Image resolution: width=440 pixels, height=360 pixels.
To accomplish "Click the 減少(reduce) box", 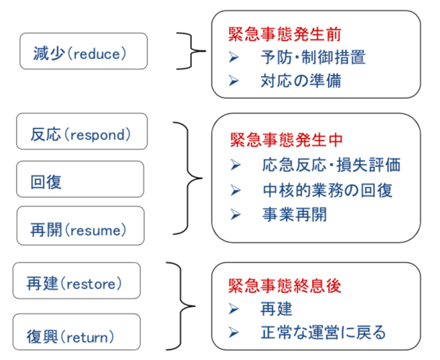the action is [84, 51].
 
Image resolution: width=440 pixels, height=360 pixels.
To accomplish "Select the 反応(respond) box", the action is [82, 131].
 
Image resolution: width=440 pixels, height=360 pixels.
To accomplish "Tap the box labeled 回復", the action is [80, 179].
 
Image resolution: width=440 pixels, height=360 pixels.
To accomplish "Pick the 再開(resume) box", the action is [80, 226].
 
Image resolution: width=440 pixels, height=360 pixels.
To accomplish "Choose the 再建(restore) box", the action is [77, 280].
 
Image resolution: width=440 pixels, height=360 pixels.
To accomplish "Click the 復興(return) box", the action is [77, 332].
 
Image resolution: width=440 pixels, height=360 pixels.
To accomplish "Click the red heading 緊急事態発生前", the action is [284, 34].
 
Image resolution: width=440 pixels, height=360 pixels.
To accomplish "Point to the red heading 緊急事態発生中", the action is [286, 140].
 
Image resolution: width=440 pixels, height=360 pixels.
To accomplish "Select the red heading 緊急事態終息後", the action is [284, 285].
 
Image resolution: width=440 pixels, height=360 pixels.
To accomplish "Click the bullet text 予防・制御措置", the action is [313, 57].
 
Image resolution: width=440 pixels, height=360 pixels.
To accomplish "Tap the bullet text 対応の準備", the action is [301, 81].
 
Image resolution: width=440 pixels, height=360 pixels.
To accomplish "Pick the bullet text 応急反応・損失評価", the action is [332, 164].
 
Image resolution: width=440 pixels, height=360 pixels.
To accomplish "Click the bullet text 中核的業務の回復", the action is [328, 191].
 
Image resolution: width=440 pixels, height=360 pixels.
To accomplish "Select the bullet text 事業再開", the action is [295, 215].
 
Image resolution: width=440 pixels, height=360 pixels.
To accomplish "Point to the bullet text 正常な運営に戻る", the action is [323, 333].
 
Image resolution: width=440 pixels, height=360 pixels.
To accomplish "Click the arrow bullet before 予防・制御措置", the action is [233, 57].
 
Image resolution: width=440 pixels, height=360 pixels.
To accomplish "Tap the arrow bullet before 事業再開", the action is [235, 215].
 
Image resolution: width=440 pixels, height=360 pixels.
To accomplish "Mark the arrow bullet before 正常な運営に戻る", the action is [233, 333].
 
